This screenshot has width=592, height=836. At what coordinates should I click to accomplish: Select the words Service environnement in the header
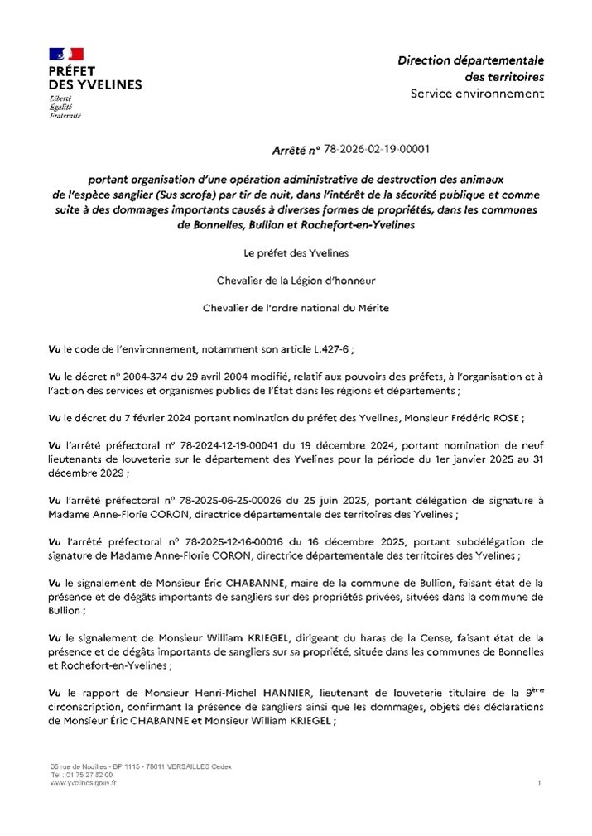coord(477,93)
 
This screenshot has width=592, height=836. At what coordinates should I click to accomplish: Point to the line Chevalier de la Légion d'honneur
coord(296,280)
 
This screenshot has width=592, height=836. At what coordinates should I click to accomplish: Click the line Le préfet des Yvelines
coord(296,252)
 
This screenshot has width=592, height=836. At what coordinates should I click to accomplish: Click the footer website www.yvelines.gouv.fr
coord(84,782)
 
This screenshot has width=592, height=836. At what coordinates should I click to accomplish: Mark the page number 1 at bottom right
coord(539,782)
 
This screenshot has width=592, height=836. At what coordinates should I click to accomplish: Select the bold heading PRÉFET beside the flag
coord(74,72)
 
